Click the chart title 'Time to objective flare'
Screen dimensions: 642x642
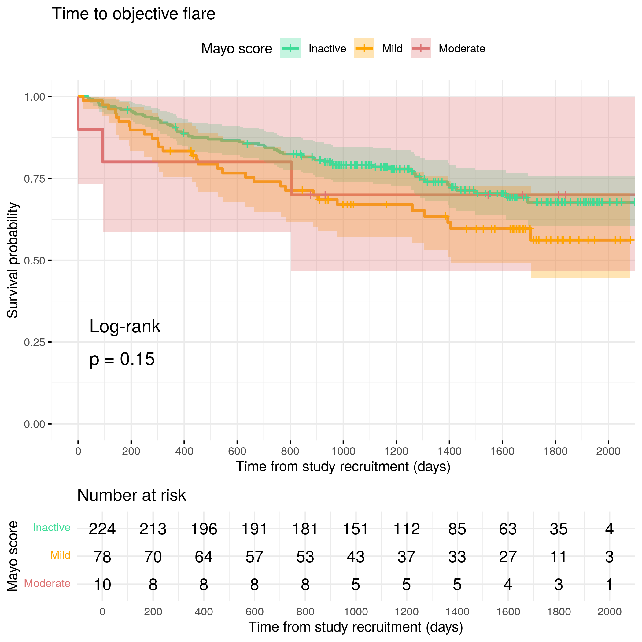point(134,14)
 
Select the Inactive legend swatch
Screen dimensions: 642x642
point(290,48)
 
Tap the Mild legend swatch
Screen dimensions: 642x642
point(364,48)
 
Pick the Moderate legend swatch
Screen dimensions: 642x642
point(420,48)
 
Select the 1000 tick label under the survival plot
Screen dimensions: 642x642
point(343,451)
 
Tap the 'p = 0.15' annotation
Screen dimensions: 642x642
point(122,359)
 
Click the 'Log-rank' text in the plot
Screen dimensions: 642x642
point(125,326)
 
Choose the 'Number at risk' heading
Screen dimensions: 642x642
point(131,495)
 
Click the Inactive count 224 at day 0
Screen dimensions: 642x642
point(102,529)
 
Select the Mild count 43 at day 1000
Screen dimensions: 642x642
point(356,557)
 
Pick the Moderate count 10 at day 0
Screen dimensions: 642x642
point(102,585)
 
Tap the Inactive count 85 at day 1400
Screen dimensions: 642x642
point(457,529)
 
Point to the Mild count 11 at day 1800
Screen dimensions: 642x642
point(558,557)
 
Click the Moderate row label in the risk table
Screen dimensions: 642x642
point(47,583)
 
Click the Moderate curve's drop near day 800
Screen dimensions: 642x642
point(291,178)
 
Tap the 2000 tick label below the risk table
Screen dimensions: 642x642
point(609,612)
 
